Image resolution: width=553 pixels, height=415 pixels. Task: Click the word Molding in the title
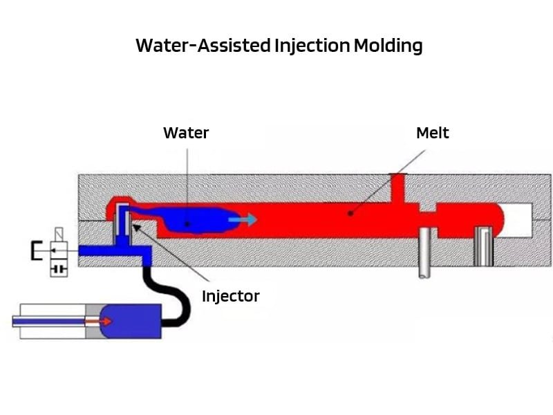(x=388, y=46)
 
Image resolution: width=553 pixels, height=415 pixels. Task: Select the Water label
(x=186, y=133)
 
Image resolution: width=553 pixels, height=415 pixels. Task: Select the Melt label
(x=433, y=133)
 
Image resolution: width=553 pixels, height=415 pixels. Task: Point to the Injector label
(x=230, y=297)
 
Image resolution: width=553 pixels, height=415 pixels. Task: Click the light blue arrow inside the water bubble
(x=244, y=220)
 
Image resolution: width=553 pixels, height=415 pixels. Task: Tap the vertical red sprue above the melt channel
(x=397, y=186)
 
